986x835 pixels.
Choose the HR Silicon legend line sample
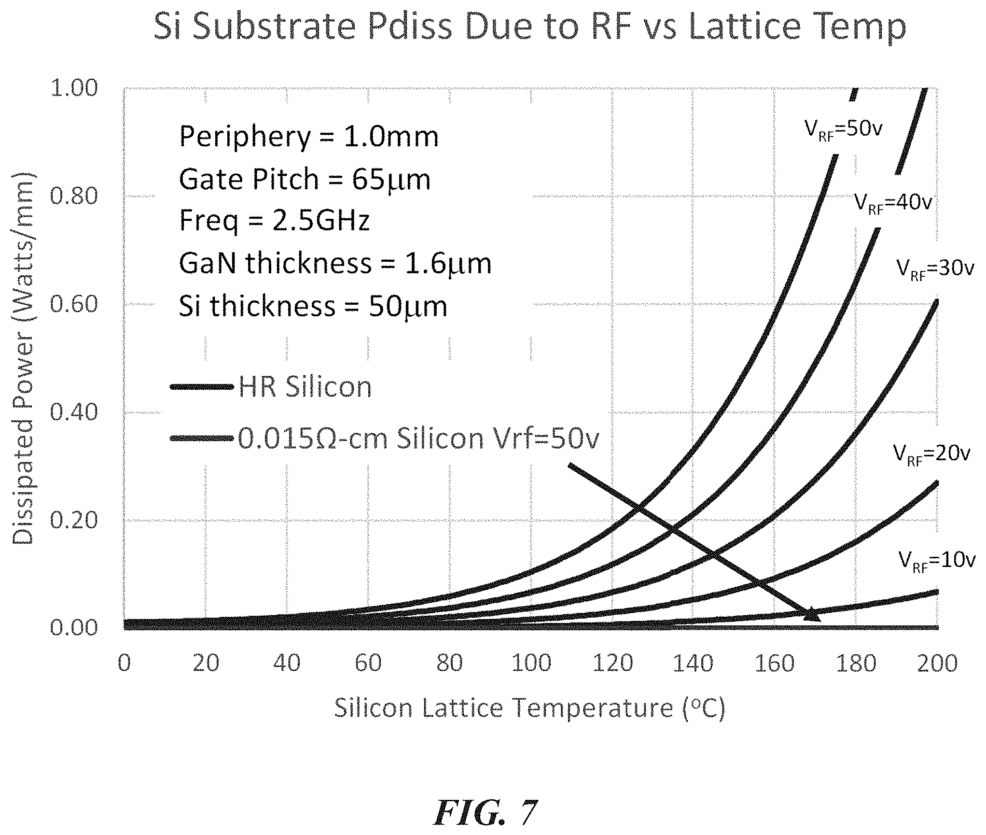[202, 387]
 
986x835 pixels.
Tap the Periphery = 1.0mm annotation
[309, 137]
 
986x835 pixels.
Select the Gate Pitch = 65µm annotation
[305, 180]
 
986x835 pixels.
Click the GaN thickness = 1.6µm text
[335, 264]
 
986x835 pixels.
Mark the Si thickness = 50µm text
[313, 306]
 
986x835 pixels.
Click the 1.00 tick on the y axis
[73, 88]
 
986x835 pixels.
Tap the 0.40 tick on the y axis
[73, 412]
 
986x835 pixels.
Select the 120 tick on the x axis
[612, 664]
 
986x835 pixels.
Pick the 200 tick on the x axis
[937, 664]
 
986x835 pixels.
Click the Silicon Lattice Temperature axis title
[529, 709]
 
